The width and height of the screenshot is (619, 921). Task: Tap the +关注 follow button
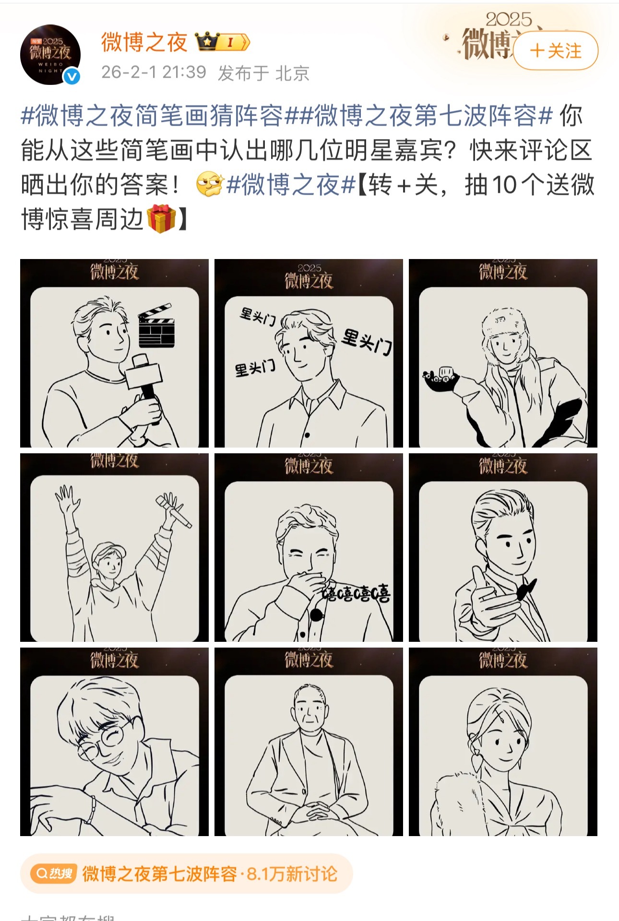[x=556, y=51]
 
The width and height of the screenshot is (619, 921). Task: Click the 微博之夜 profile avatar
[x=50, y=54]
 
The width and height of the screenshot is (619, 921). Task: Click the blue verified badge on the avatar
[x=72, y=77]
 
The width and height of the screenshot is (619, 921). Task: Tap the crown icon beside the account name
[x=207, y=42]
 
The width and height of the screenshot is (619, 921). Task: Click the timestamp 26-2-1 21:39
[x=154, y=72]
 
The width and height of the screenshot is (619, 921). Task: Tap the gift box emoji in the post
[x=161, y=219]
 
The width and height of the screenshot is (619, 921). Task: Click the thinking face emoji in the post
[x=209, y=185]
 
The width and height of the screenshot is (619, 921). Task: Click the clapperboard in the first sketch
[x=156, y=326]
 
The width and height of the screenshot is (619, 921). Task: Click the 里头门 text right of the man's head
[x=367, y=342]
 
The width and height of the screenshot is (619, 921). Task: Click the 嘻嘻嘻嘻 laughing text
[x=356, y=593]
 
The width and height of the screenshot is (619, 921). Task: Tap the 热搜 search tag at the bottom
[x=54, y=874]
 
